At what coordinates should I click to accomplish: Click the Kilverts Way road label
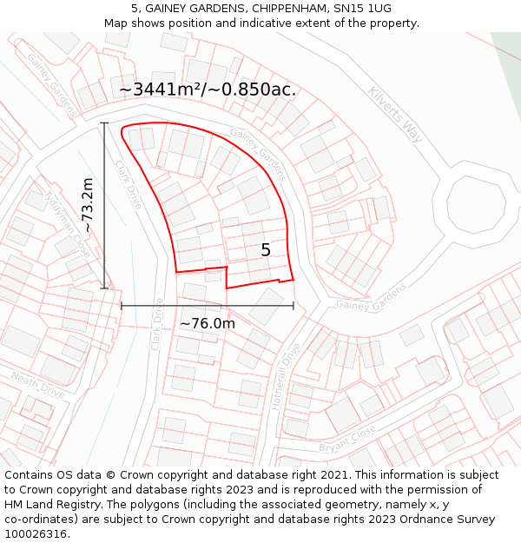(394, 114)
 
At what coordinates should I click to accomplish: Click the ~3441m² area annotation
(208, 89)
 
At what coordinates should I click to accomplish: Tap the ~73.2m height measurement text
(87, 205)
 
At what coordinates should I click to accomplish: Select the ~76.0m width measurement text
(208, 324)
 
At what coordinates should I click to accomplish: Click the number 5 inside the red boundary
(266, 250)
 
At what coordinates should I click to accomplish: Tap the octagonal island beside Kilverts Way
(475, 204)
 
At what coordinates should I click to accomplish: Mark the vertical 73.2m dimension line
(105, 205)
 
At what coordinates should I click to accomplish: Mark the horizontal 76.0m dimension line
(208, 306)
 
